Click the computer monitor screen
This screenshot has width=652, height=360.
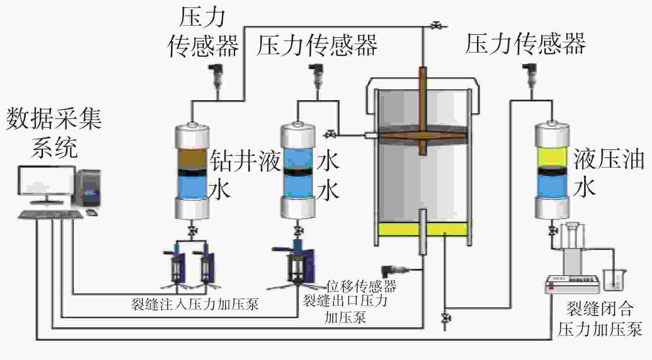pyautogui.click(x=46, y=180)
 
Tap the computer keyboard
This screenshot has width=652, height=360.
pyautogui.click(x=51, y=214)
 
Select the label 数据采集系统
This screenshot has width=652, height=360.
pyautogui.click(x=54, y=133)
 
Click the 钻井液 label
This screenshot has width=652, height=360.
pyautogui.click(x=245, y=161)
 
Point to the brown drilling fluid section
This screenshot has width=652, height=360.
pyautogui.click(x=192, y=158)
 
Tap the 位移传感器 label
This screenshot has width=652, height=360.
pyautogui.click(x=361, y=286)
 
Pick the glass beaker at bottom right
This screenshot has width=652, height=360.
pyautogui.click(x=614, y=280)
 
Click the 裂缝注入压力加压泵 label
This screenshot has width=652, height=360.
pyautogui.click(x=195, y=305)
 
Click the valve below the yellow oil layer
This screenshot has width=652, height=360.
pyautogui.click(x=445, y=318)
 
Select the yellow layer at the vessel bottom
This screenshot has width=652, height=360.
pyautogui.click(x=423, y=229)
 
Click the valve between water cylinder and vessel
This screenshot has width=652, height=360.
pyautogui.click(x=330, y=134)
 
